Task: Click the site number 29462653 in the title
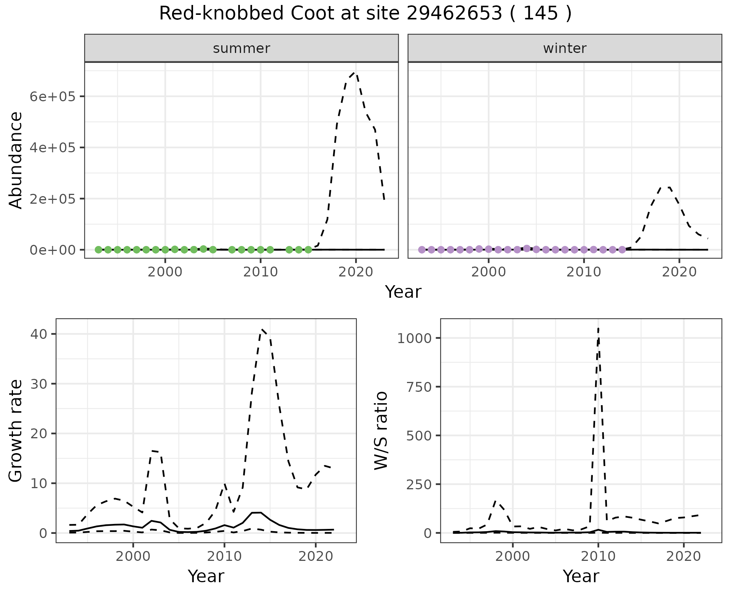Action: [454, 14]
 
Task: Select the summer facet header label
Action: [241, 48]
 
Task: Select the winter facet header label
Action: [565, 48]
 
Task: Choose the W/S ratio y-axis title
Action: [381, 430]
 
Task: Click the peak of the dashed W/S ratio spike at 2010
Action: [598, 328]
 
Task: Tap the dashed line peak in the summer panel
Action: [355, 72]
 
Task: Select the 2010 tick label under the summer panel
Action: [260, 272]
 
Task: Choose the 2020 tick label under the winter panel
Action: [679, 272]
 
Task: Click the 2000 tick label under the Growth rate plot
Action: [133, 556]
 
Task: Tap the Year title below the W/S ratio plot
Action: [581, 576]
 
